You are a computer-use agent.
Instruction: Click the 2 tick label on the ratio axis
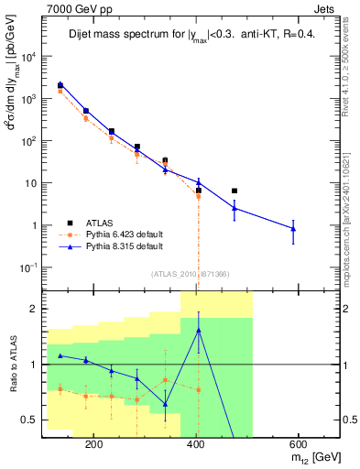[x=33, y=309]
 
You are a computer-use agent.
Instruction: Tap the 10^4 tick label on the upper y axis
[x=27, y=57]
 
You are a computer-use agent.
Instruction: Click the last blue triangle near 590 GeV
[x=293, y=228]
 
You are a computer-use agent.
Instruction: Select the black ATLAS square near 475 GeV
[x=235, y=191]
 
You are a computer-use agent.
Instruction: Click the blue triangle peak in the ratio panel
[x=199, y=330]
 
